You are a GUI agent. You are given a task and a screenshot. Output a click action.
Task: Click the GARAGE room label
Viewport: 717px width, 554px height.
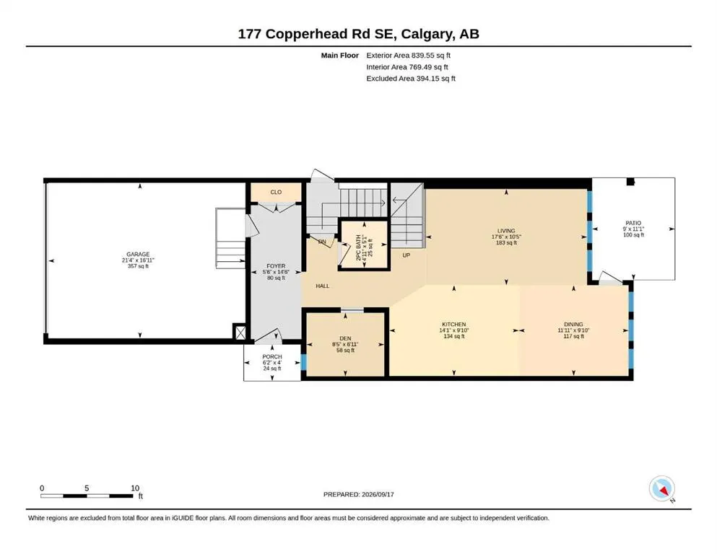pyautogui.click(x=138, y=255)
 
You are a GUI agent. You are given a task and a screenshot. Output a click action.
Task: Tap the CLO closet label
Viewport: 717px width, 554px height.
pyautogui.click(x=276, y=193)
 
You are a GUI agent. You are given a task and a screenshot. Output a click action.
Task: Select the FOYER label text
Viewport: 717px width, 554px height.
pyautogui.click(x=276, y=265)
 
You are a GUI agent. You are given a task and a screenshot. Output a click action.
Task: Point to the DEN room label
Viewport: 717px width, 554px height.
pyautogui.click(x=345, y=338)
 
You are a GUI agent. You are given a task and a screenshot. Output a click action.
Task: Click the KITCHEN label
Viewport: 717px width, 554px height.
pyautogui.click(x=453, y=325)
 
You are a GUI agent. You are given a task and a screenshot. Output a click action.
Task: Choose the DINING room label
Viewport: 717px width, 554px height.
pyautogui.click(x=573, y=325)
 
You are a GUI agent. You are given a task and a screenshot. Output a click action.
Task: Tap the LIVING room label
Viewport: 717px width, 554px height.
pyautogui.click(x=506, y=231)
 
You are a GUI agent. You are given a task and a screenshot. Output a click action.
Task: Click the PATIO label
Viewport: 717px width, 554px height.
pyautogui.click(x=633, y=223)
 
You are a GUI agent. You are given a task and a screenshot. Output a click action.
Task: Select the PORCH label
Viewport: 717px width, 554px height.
pyautogui.click(x=272, y=356)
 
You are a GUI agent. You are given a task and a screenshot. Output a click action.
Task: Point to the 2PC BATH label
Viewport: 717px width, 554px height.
pyautogui.click(x=358, y=247)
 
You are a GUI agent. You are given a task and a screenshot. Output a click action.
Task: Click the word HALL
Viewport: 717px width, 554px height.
pyautogui.click(x=322, y=286)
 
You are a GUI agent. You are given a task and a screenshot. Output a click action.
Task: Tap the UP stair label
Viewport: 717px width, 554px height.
pyautogui.click(x=406, y=255)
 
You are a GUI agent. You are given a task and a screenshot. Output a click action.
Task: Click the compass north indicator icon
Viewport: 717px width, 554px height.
pyautogui.click(x=662, y=489)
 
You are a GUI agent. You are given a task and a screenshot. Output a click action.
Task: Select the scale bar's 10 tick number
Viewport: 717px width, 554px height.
pyautogui.click(x=135, y=488)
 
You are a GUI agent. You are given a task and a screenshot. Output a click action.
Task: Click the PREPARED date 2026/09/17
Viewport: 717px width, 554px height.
pyautogui.click(x=378, y=494)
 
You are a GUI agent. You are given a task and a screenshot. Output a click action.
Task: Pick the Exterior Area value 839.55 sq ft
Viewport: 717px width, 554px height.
pyautogui.click(x=431, y=56)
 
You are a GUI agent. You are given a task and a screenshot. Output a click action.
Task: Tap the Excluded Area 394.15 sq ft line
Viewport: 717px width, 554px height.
pyautogui.click(x=411, y=78)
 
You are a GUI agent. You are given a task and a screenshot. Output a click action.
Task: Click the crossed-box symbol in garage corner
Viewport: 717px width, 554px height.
pyautogui.click(x=240, y=332)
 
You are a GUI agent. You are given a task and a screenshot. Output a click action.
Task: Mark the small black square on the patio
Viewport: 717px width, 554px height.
pyautogui.click(x=630, y=182)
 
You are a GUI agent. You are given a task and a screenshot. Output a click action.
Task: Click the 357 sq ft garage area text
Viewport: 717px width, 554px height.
pyautogui.click(x=138, y=265)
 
